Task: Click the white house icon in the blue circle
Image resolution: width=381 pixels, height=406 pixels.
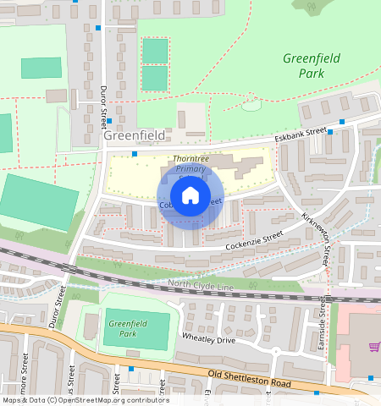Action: tap(190, 196)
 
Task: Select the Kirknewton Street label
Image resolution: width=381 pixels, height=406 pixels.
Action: tap(317, 240)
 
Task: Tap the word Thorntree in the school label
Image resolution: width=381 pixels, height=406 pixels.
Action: tap(190, 159)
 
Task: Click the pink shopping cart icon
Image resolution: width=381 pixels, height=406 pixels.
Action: tap(373, 346)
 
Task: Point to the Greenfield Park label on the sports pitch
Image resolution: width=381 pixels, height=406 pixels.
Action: tap(124, 327)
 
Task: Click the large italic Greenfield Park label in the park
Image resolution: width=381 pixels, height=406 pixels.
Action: tap(312, 66)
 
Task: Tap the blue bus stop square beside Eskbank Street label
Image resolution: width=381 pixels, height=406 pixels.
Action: tap(330, 131)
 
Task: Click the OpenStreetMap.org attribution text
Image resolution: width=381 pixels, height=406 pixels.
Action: tap(110, 400)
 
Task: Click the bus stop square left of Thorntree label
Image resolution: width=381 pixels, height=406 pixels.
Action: tap(135, 154)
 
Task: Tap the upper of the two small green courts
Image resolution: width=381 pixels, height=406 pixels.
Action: tap(155, 51)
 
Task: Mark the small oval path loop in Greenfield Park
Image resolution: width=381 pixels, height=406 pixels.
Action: tap(251, 105)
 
